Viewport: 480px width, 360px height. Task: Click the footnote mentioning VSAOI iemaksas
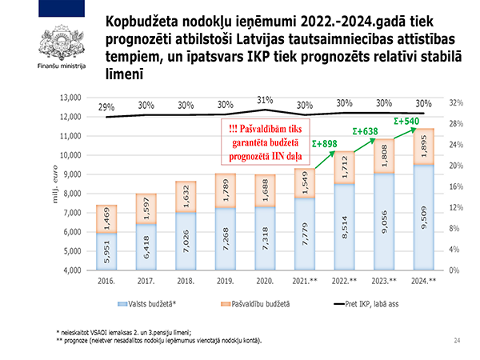coord(128,331)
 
